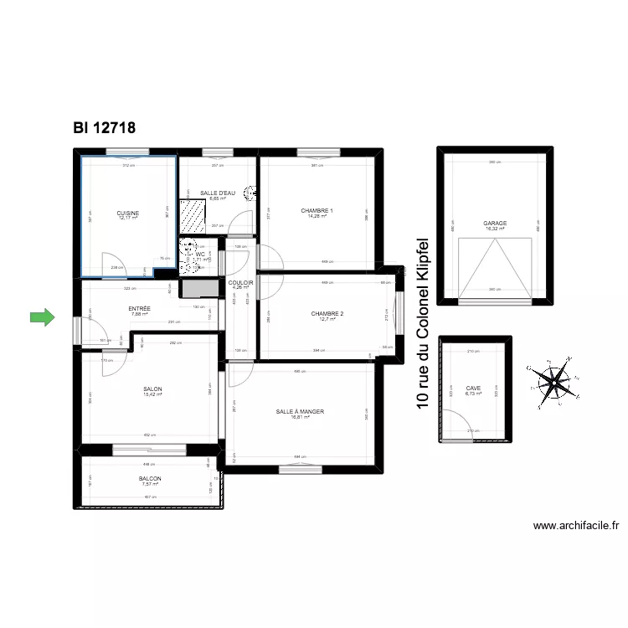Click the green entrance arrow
[41, 317]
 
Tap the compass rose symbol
[552, 382]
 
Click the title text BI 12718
[105, 127]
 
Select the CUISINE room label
[128, 214]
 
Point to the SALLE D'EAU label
[218, 193]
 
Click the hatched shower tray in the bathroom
[193, 217]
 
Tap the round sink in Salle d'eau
[250, 193]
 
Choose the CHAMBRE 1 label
[317, 210]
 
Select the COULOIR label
[240, 283]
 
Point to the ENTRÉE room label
[140, 308]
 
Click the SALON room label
[152, 389]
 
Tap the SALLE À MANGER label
[300, 412]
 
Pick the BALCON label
[151, 479]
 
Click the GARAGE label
[495, 224]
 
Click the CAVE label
[474, 388]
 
